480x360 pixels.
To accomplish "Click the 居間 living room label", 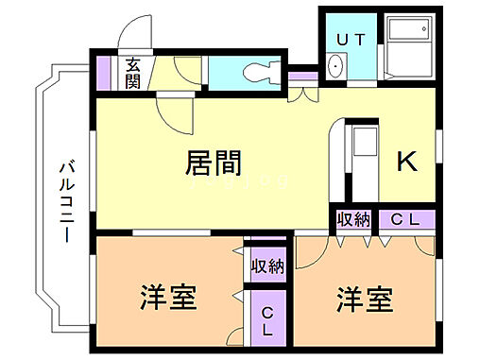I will [x=211, y=163].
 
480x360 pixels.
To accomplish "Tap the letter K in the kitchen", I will [x=406, y=163].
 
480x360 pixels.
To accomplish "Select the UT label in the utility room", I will [x=351, y=39].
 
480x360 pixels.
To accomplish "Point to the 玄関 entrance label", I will [x=133, y=73].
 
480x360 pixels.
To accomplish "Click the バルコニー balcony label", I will [x=65, y=198].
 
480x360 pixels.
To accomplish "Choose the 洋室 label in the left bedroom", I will [x=169, y=299].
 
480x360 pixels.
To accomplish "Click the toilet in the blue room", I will [x=259, y=72].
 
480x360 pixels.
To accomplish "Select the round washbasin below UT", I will [x=336, y=67].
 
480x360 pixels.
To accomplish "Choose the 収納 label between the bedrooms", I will [x=267, y=266].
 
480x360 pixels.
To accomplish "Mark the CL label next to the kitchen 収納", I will [x=407, y=220].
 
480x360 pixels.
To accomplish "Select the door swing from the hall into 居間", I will [x=175, y=113].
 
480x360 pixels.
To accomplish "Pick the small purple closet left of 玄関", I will [x=105, y=73].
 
